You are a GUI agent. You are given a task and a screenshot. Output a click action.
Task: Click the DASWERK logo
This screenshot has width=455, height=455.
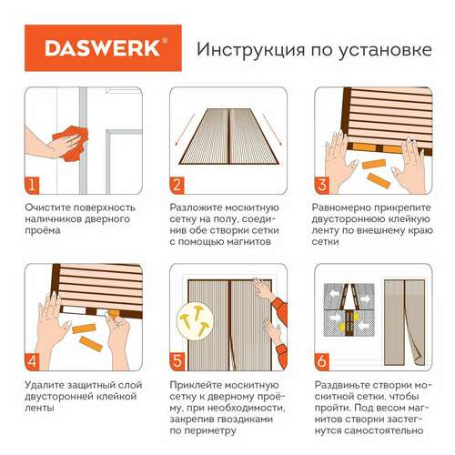pyautogui.click(x=103, y=48)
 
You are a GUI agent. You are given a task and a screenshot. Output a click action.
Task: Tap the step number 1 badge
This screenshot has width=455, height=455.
pyautogui.click(x=32, y=185)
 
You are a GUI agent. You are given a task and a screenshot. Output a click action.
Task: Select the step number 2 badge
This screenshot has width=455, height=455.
pyautogui.click(x=177, y=185)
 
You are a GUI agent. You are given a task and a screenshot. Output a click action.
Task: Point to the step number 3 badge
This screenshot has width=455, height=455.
pyautogui.click(x=322, y=185)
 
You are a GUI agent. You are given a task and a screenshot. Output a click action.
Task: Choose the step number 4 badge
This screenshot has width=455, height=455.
pyautogui.click(x=32, y=361)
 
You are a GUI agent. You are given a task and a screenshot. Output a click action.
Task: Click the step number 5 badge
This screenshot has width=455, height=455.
pyautogui.click(x=177, y=361)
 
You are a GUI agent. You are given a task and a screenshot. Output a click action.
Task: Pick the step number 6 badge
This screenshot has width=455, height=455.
pyautogui.click(x=322, y=361)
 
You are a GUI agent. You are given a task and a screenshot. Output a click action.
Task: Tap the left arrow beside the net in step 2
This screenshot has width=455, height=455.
pyautogui.click(x=185, y=129)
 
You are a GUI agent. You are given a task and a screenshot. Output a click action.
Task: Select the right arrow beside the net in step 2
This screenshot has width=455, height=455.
pyautogui.click(x=272, y=129)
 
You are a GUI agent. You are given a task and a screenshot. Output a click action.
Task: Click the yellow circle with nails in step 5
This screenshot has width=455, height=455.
pyautogui.click(x=194, y=320)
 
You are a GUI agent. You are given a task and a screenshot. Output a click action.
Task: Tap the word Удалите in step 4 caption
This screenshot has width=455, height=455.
pyautogui.click(x=44, y=386)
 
